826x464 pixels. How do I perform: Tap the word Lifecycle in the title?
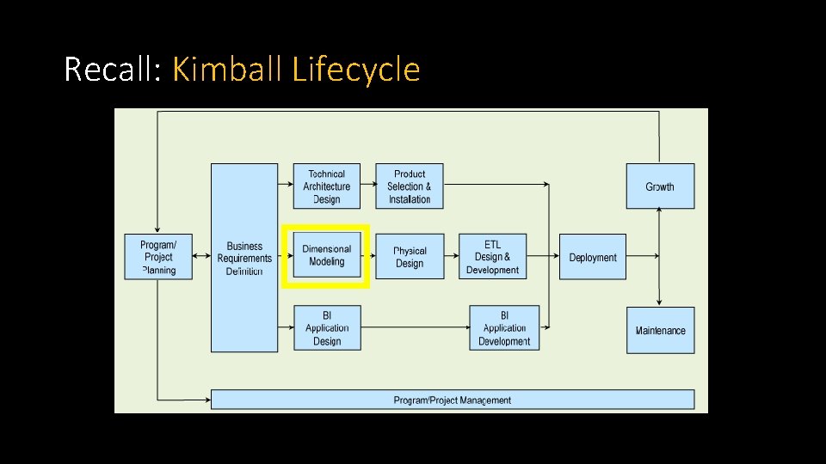pos(356,69)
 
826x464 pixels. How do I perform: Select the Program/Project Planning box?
pos(158,257)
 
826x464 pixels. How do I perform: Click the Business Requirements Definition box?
pos(244,258)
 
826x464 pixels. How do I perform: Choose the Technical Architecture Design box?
pos(327,186)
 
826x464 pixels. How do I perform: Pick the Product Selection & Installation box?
pos(410,186)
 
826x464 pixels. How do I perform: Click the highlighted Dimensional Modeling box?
pos(327,255)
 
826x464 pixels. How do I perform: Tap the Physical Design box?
pos(410,256)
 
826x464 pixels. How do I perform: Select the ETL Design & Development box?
pos(492,256)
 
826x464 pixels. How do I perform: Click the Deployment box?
pos(593,256)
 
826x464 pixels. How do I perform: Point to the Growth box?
pos(660,186)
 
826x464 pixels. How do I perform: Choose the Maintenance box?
pos(660,330)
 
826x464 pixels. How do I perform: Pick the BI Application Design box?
pos(327,328)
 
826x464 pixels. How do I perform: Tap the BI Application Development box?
pos(504,328)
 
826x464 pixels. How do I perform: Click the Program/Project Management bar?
pos(453,400)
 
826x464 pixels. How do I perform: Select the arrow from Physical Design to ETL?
pos(452,255)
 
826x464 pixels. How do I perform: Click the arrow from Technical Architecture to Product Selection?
pos(368,183)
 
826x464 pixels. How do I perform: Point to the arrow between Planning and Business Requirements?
pos(202,255)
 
